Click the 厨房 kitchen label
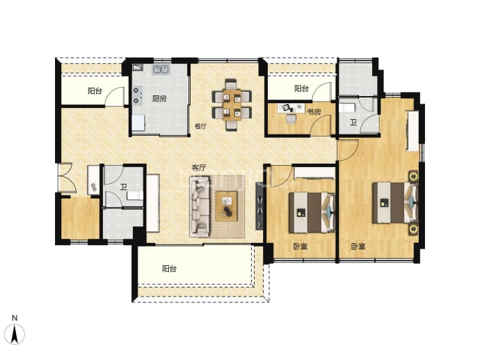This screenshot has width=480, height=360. point(159,98)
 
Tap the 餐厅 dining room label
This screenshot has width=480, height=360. point(200,126)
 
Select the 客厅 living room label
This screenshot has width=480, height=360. point(199,168)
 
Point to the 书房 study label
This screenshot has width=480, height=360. point(314,112)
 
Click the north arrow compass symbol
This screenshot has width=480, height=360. point(15,330)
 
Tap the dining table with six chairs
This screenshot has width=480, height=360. point(232,104)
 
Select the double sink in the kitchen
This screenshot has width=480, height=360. point(161,70)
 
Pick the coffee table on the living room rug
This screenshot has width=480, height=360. point(227,206)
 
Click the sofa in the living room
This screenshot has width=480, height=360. point(200,206)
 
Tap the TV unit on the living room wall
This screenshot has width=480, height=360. point(259,206)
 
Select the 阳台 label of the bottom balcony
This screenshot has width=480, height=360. point(169,269)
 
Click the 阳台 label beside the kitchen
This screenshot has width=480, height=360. point(95,91)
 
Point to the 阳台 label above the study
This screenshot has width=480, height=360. point(301,88)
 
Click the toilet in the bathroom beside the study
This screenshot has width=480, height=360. point(347,108)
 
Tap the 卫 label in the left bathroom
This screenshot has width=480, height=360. point(123,187)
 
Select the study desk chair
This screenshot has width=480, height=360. point(291,118)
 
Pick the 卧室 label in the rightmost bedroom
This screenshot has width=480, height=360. point(358,246)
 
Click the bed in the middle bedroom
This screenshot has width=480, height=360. point(312,212)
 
